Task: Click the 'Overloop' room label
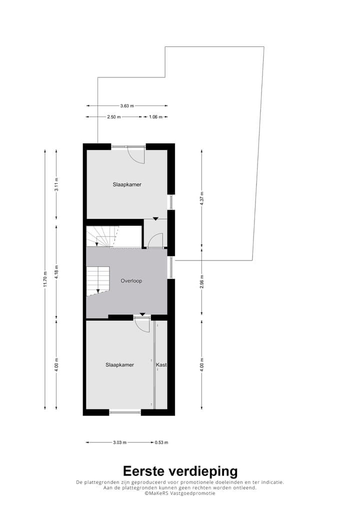click(131, 281)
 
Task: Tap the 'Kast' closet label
click(161, 365)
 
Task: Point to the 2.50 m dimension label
click(114, 117)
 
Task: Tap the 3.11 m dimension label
click(56, 185)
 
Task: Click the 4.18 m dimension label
click(56, 270)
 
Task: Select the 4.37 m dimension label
click(201, 198)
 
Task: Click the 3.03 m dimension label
click(119, 442)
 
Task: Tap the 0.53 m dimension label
click(161, 442)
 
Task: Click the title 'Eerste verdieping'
click(180, 471)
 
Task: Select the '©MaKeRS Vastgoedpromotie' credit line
click(180, 493)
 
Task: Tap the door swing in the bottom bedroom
click(142, 325)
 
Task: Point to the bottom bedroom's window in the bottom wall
click(125, 412)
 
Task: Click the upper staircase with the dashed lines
click(104, 236)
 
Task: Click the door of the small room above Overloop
click(155, 240)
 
